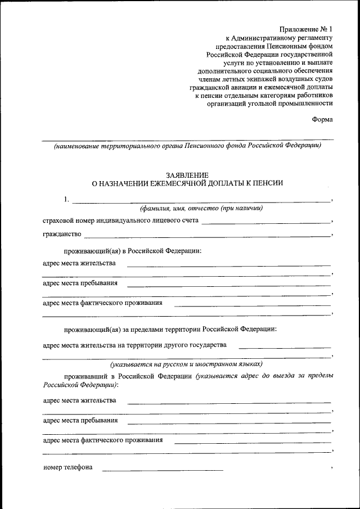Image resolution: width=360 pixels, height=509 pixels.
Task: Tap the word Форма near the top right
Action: point(322,119)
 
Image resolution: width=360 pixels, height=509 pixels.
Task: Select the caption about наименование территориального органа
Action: point(187,146)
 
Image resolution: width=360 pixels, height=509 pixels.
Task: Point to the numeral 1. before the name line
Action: point(67,199)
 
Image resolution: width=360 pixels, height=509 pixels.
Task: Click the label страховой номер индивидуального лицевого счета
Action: point(120,220)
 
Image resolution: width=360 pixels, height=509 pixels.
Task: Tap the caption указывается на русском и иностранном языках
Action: point(186,364)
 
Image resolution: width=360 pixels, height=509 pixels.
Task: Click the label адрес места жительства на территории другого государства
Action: point(134,344)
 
